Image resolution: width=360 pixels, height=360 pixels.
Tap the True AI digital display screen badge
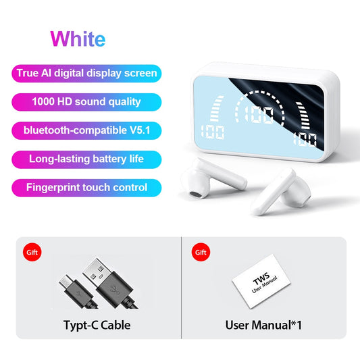coord(86,73)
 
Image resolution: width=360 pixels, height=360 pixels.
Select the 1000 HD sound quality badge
coord(86,102)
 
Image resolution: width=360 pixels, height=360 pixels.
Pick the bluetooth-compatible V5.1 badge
coord(86,130)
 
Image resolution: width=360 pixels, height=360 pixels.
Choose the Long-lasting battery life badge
coord(86,159)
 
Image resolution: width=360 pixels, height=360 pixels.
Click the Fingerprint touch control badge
coord(86,187)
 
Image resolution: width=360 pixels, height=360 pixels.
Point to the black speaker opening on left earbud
coord(195,195)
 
